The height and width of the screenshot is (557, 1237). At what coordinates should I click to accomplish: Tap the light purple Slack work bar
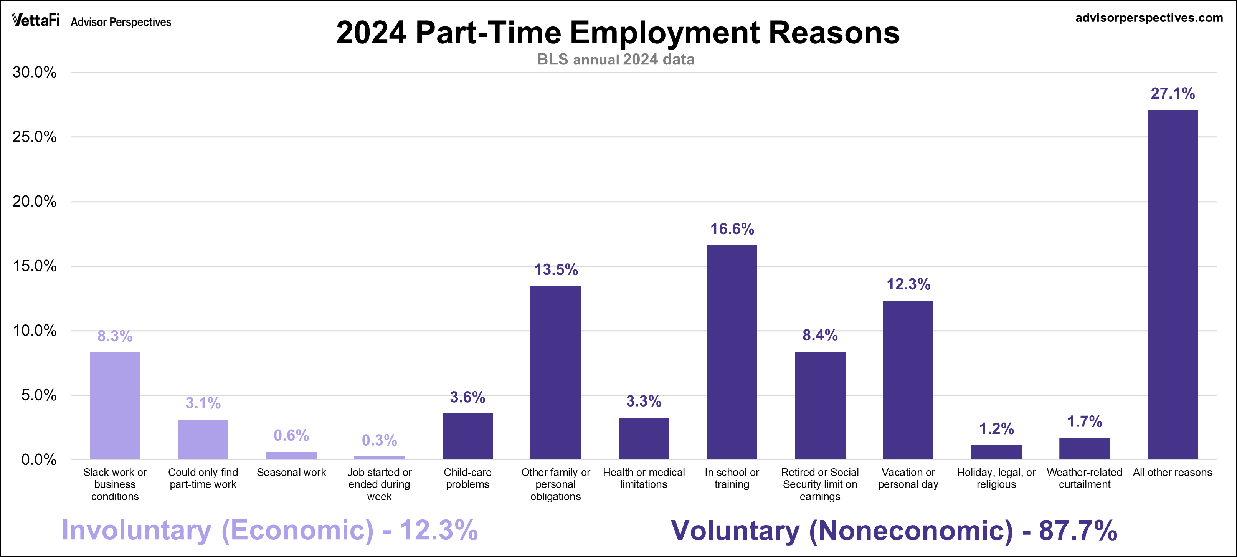point(115,406)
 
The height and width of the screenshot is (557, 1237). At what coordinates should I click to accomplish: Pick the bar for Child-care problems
point(467,436)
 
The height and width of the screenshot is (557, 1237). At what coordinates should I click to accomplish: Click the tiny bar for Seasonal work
point(291,455)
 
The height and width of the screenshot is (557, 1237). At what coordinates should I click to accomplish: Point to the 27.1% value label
point(1172,93)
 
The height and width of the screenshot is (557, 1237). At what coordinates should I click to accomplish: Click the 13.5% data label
point(556,269)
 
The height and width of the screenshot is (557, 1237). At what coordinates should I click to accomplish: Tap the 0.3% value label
point(379,440)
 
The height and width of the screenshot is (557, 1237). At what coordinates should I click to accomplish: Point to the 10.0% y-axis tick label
point(35,331)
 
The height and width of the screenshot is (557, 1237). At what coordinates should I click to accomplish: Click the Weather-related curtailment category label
point(1084,478)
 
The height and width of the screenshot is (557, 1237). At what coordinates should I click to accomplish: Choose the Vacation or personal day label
point(908,478)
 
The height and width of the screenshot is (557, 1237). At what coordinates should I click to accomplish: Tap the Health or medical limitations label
point(644,478)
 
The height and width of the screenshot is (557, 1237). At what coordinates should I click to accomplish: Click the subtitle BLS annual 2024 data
point(616,60)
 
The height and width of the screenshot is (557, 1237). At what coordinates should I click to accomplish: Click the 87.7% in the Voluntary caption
point(1078,530)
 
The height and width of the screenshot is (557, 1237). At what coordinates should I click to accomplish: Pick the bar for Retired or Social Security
point(820,405)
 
